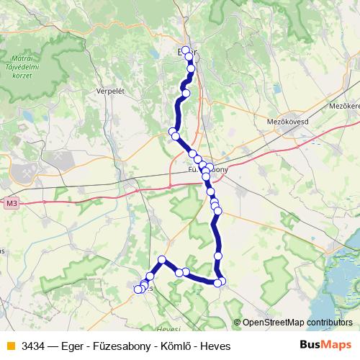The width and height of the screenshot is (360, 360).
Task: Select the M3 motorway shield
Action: tap(10, 204)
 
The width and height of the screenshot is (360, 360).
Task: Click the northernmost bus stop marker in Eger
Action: tap(186, 50)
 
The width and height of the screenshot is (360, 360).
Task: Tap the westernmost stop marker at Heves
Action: tap(139, 289)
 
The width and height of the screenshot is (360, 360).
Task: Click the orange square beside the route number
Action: tap(9, 346)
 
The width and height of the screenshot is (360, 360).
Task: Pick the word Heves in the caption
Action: tap(215, 346)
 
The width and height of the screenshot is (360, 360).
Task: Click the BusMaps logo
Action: tap(326, 346)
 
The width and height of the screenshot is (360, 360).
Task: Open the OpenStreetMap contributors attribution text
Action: tap(297, 323)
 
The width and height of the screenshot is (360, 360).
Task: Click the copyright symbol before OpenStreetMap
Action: tap(237, 323)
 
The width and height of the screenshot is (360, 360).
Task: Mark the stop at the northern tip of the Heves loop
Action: tap(162, 259)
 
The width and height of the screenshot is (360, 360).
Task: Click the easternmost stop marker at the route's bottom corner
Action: tap(222, 280)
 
